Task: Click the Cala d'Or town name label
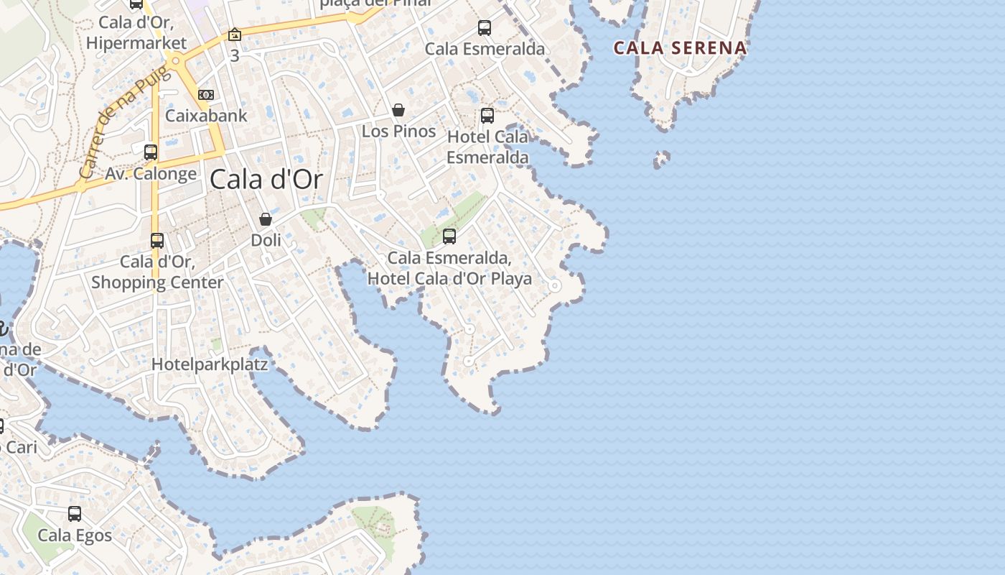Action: point(266,180)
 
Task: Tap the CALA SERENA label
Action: point(680,48)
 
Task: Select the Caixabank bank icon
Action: point(206,95)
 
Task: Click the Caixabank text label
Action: point(206,115)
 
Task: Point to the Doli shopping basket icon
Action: point(266,219)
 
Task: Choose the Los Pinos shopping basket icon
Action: point(398,110)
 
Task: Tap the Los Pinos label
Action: point(398,131)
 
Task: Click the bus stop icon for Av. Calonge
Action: point(151,152)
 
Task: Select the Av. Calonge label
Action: point(151,173)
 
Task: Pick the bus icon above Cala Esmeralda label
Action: point(485,28)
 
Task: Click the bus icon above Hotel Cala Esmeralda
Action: point(487,115)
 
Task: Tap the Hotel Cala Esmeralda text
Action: point(487,147)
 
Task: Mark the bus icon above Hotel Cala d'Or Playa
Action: point(449,236)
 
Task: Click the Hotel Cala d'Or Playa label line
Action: point(449,278)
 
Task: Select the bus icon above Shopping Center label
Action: point(157,241)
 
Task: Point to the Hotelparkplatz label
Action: point(210,364)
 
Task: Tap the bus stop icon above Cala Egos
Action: point(75,514)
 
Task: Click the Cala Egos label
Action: point(75,535)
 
